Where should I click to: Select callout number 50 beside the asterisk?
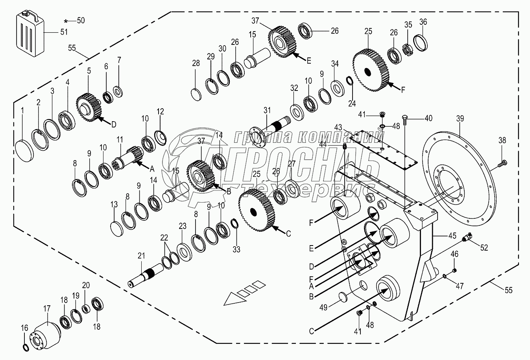point(81,21)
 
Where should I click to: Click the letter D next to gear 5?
point(113,125)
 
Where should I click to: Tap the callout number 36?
point(423,22)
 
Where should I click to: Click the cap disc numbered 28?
point(196,95)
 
